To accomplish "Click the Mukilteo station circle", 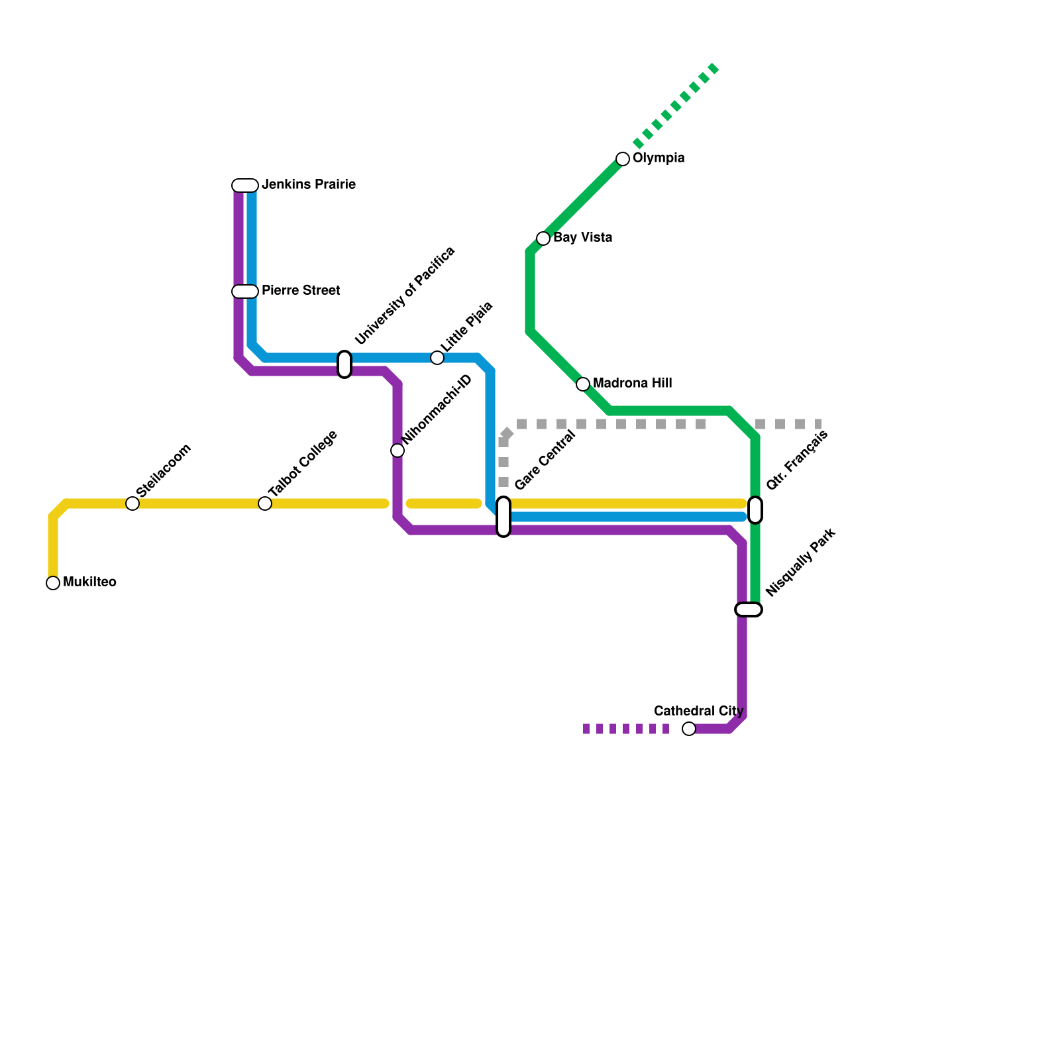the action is pos(53,583).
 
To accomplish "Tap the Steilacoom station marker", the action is pos(132,503).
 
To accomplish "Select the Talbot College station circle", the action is pos(265,503).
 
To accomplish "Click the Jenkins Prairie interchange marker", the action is pos(245,185).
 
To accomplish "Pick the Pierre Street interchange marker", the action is pos(245,291).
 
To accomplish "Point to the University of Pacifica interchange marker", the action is pos(344,364).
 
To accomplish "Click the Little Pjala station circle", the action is pos(437,358).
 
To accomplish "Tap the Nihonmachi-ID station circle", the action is pos(397,450).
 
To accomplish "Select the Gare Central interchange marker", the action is pos(503,517).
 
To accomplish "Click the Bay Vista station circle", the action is pos(543,238).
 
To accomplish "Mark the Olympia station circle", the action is pos(623,159).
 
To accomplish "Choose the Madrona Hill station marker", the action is pos(583,384).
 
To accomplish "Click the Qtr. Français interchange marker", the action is pos(755,510).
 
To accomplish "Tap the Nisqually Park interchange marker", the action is pos(749,609).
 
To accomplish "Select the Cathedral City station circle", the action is pos(689,729).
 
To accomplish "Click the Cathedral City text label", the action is pos(698,712).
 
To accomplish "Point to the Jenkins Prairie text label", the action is pos(309,185).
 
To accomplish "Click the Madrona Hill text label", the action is pos(632,384).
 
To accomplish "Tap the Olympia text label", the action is pos(659,158).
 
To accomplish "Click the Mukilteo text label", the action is pos(89,582).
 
